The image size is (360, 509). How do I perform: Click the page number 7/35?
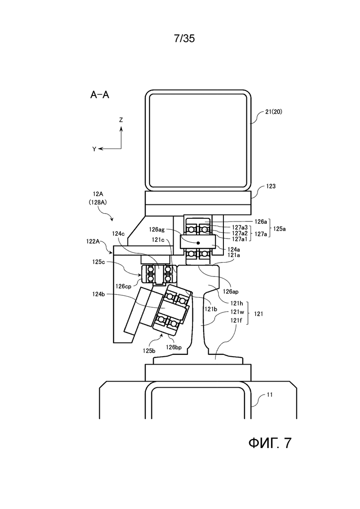pos(185,38)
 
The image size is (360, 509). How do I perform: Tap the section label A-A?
pos(100,96)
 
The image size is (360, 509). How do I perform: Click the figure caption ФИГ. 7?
pos(270,443)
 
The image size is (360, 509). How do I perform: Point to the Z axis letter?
pos(121,120)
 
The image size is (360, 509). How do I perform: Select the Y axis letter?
pos(94,149)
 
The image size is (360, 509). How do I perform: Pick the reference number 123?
pos(271,186)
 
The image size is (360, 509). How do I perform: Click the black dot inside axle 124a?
pos(198,242)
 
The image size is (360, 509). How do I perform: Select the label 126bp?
pos(174,347)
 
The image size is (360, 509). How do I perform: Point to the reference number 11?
pos(271,395)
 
